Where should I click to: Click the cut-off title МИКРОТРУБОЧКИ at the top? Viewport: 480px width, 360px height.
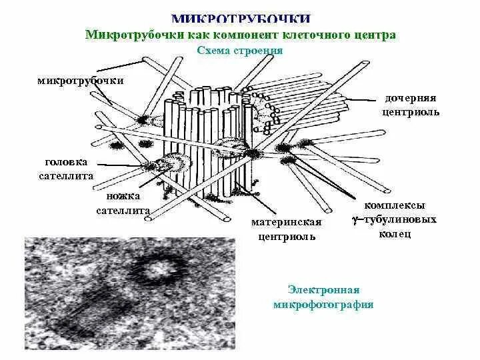tap(241, 19)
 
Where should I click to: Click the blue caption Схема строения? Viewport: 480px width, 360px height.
tap(241, 51)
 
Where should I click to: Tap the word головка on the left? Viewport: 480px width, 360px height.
tap(66, 162)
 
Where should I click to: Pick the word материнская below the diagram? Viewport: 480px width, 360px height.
tap(287, 222)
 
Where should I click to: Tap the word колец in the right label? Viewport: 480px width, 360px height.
tap(395, 233)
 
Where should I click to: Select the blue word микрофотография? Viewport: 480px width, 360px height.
tap(323, 305)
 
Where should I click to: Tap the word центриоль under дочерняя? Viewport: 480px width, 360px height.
tap(411, 112)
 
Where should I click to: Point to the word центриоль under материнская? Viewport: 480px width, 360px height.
tap(287, 236)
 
